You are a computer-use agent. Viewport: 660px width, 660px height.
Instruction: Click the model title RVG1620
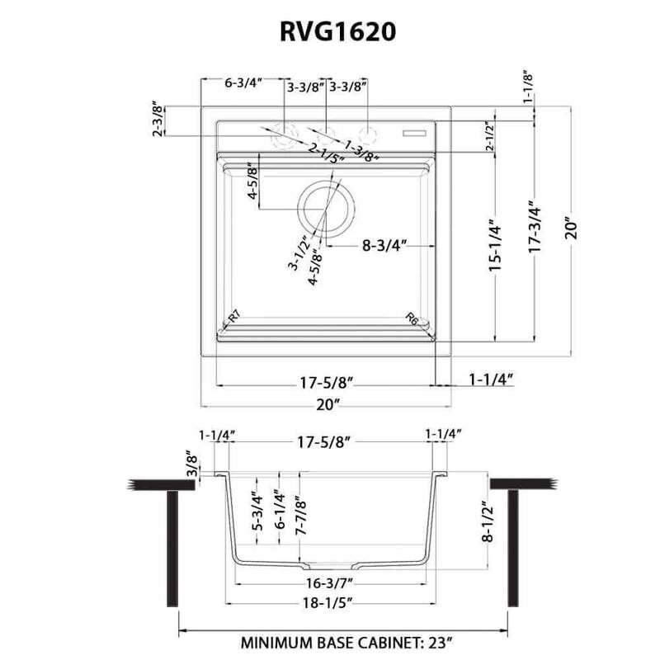329,31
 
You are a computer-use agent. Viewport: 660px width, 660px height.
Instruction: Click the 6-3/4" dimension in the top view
243,83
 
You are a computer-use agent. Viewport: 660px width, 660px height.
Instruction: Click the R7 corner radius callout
233,316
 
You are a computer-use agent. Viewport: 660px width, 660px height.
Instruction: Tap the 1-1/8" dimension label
528,86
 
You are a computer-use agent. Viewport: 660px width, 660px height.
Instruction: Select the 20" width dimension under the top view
327,404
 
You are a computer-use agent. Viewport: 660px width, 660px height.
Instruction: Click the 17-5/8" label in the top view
325,381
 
